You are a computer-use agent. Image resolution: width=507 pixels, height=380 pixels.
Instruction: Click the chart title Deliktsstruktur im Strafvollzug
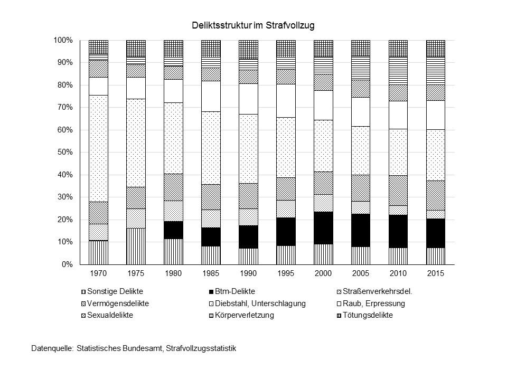pos(253,25)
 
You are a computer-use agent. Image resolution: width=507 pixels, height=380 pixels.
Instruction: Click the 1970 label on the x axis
pos(98,274)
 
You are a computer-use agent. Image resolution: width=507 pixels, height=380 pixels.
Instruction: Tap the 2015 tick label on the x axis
pos(436,274)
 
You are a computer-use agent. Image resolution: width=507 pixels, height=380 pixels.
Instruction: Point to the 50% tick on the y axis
pos(65,153)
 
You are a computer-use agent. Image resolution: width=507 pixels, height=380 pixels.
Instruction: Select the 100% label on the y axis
pos(63,41)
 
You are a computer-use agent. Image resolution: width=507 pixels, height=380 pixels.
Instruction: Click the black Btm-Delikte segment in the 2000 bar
pos(323,227)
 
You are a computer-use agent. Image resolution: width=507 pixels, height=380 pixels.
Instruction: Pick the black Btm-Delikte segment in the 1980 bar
pos(173,230)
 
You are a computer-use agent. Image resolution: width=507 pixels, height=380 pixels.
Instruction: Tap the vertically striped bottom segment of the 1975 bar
pos(136,246)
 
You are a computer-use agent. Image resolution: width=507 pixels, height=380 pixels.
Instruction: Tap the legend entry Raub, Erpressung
pos(372,303)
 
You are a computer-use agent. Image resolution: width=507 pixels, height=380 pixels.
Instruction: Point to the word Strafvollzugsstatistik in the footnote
pos(201,349)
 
